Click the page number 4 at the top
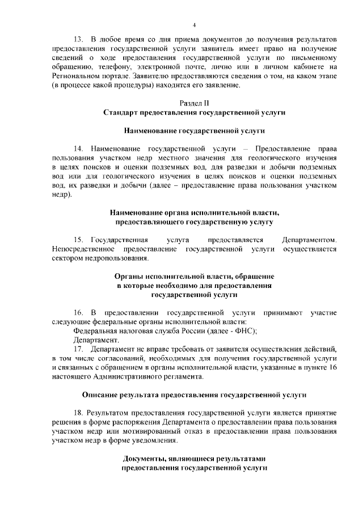click(x=194, y=25)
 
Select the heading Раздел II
click(x=194, y=103)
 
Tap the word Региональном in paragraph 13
click(x=74, y=75)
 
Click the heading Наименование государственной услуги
click(x=194, y=130)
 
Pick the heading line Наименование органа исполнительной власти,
click(x=194, y=213)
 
